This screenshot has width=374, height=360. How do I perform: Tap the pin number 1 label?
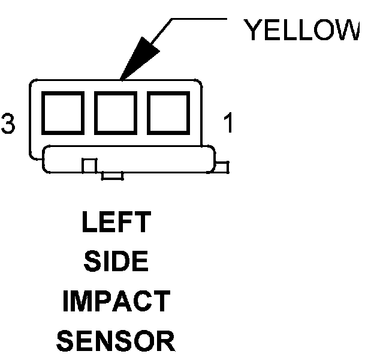[x=228, y=124]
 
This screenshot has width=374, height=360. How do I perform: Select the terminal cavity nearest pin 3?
[x=62, y=112]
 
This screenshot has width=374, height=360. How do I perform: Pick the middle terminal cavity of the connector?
[x=114, y=112]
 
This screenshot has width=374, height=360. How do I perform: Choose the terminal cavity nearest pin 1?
[x=167, y=112]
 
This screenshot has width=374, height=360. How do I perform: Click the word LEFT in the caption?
[x=115, y=223]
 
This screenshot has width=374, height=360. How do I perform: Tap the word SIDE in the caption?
[x=115, y=262]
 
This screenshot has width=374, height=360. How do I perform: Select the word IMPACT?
[x=116, y=302]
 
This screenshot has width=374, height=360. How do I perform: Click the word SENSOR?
[x=116, y=341]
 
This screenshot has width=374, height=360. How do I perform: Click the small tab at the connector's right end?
[x=222, y=166]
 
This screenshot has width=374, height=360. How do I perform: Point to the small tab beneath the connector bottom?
[x=113, y=176]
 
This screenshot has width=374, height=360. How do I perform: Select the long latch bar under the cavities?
[x=128, y=159]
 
